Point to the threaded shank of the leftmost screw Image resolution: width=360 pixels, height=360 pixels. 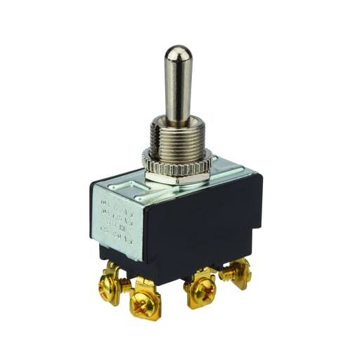[x=124, y=283]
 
